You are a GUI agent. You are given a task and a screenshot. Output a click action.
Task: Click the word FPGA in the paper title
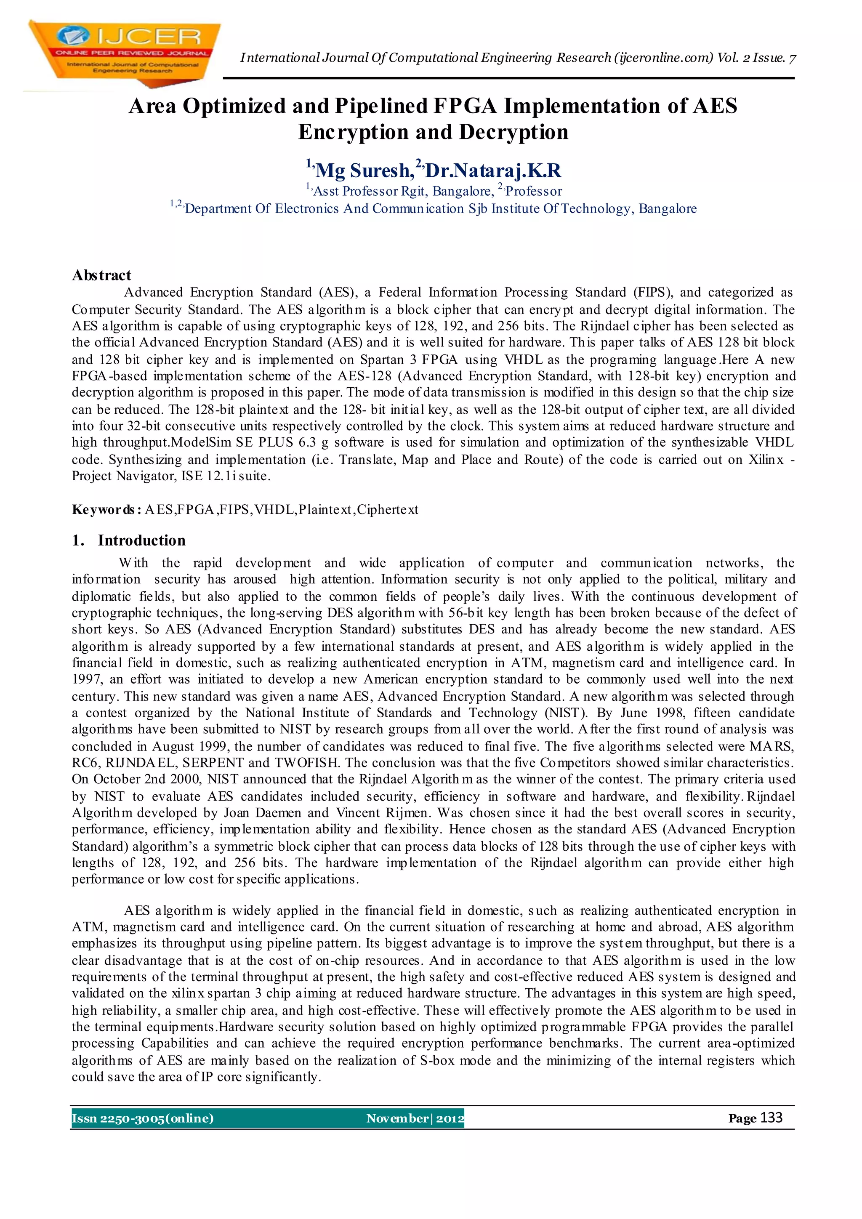tap(465, 106)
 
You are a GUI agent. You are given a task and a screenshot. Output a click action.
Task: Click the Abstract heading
tap(101, 275)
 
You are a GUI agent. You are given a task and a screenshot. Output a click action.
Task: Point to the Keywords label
tap(105, 510)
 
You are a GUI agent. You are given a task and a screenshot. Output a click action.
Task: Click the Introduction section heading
tap(141, 540)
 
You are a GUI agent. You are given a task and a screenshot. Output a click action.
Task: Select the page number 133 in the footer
tap(771, 1118)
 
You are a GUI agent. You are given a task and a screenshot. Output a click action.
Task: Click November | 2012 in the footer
tap(415, 1118)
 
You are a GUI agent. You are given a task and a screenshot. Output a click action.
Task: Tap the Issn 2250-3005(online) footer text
tap(143, 1118)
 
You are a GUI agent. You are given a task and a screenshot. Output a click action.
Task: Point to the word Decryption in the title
tap(513, 132)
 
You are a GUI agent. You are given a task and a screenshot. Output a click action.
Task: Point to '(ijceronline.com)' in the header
tap(663, 58)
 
